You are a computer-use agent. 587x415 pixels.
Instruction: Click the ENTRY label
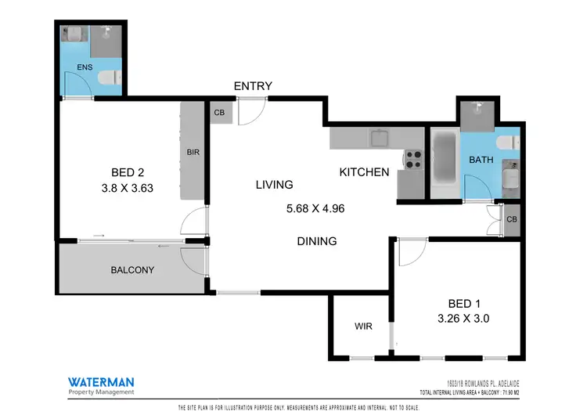[253, 85]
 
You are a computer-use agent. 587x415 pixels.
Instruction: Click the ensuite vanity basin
[74, 34]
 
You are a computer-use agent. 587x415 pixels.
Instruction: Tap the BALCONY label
[132, 270]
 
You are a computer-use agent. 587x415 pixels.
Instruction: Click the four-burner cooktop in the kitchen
[412, 159]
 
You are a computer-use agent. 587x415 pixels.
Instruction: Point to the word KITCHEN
[364, 172]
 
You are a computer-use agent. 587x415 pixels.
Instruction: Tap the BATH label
[481, 160]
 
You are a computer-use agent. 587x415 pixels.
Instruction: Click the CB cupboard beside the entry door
[218, 113]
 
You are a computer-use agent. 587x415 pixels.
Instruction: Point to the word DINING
[316, 241]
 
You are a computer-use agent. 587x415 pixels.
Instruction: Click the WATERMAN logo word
[99, 381]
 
